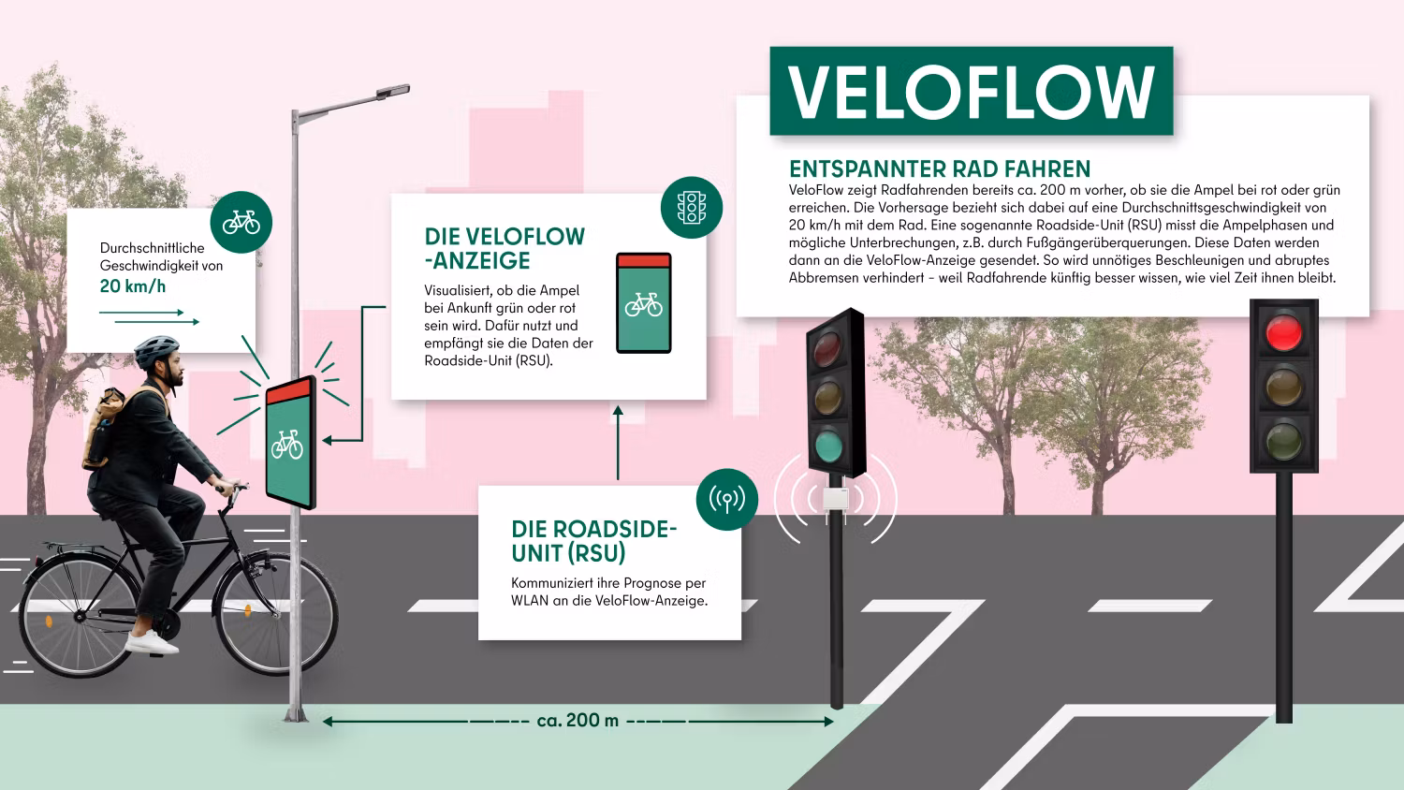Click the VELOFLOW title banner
971,91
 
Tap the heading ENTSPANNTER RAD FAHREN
940,169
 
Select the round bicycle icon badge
241,222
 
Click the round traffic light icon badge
692,208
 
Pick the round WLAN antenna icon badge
727,500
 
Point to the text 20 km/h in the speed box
133,286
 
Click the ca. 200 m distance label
578,721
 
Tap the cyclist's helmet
156,351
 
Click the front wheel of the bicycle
277,618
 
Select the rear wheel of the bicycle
80,618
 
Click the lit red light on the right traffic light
1283,333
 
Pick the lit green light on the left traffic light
829,446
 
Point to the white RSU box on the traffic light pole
836,499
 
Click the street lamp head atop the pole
393,92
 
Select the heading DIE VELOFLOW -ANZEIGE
505,248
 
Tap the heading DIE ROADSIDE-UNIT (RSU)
593,541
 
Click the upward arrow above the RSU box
618,443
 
